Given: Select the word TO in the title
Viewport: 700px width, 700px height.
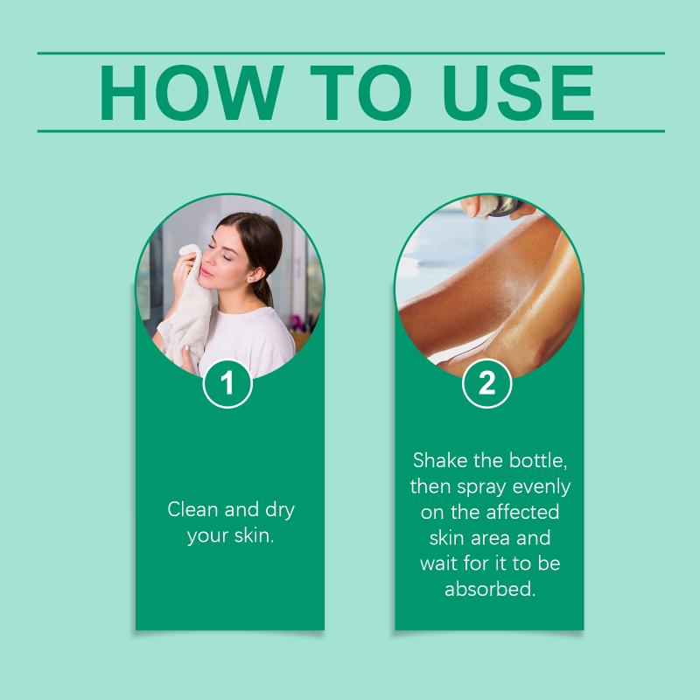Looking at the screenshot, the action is click(360, 93).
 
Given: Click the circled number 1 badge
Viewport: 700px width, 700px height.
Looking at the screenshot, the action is click(227, 383).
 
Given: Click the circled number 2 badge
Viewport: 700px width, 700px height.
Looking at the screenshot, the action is click(486, 383).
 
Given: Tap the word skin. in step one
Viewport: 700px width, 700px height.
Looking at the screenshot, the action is click(254, 535).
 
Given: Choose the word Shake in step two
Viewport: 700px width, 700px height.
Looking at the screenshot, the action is click(440, 460).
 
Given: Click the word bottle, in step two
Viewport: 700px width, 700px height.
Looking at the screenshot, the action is click(538, 460).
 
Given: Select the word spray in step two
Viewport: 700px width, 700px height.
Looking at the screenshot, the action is click(481, 487).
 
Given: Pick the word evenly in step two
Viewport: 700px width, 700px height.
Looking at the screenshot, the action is click(542, 487).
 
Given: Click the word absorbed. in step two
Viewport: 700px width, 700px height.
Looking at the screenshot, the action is click(490, 589).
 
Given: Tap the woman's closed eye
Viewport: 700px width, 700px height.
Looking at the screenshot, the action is click(227, 257).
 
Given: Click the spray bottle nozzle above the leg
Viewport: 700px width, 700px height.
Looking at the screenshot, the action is click(494, 206).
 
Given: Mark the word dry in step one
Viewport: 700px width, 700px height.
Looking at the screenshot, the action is click(280, 510).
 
